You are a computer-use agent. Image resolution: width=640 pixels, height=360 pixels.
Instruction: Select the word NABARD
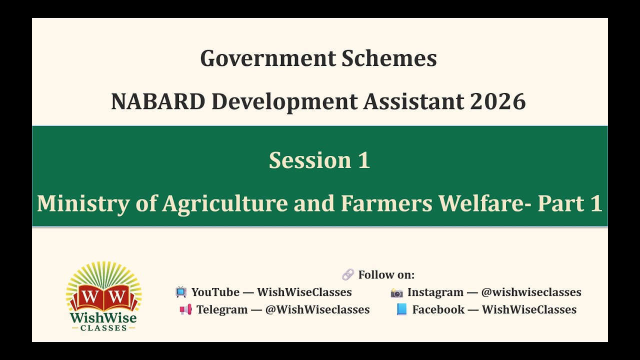(x=157, y=101)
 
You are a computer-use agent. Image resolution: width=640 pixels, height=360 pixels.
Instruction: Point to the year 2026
(x=497, y=101)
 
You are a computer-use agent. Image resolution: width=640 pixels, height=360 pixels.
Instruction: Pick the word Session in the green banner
(x=303, y=160)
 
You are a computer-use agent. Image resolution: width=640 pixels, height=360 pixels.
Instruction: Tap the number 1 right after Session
(x=363, y=160)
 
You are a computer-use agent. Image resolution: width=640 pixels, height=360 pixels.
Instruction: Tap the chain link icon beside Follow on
(x=347, y=274)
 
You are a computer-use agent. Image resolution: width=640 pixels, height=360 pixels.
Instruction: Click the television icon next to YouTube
(x=181, y=292)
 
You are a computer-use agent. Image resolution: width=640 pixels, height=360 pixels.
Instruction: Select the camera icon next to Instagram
(x=397, y=292)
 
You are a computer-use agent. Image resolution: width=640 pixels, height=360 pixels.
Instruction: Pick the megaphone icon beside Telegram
(x=185, y=309)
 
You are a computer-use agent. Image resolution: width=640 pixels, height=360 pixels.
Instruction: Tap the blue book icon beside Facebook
(x=401, y=309)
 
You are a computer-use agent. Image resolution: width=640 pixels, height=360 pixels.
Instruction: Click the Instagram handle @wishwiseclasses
(x=531, y=292)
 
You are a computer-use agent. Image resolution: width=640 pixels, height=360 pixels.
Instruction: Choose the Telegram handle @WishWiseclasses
(x=317, y=309)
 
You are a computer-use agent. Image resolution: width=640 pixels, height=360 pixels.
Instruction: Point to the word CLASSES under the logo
(x=104, y=327)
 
